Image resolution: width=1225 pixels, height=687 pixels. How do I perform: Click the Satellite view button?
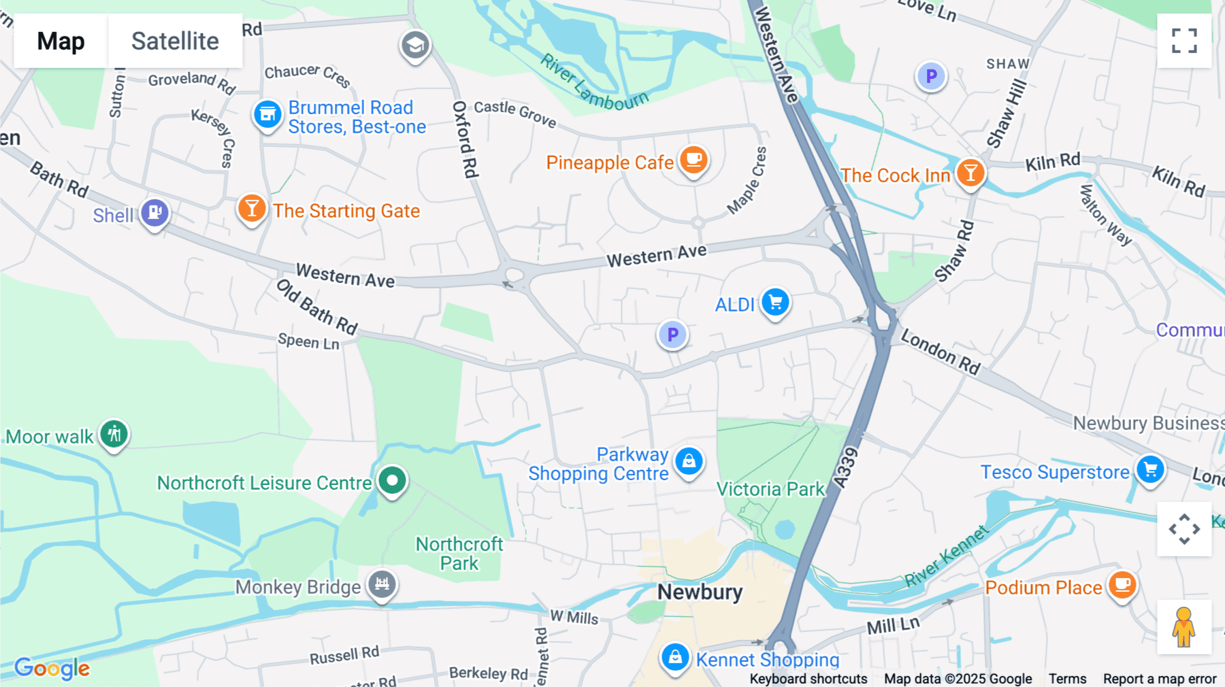point(175,41)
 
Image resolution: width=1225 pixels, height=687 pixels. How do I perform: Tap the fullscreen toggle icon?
point(1184,41)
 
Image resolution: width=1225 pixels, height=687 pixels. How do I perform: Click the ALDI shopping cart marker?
point(775,302)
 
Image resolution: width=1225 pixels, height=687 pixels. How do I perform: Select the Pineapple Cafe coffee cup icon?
point(693,161)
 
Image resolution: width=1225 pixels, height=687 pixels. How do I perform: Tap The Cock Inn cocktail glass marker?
point(970,173)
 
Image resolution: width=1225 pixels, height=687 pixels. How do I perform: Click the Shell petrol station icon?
point(155,213)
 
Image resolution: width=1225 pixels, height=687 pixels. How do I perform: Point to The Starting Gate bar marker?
point(252,209)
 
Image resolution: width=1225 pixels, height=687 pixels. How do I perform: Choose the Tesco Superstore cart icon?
point(1150,469)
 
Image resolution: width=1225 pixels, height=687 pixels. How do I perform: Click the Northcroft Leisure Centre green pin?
point(392,480)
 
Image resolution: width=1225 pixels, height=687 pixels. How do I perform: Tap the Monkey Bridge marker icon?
point(382,584)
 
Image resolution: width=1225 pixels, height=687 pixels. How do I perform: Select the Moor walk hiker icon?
point(114,434)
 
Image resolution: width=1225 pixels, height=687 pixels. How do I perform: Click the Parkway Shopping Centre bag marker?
point(689,461)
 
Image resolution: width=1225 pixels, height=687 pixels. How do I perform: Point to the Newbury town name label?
point(700,592)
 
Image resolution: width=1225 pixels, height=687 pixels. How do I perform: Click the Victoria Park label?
point(770,489)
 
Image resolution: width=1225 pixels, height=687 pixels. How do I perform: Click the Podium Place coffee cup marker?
point(1122,585)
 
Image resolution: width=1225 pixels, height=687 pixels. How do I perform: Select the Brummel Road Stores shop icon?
point(267,115)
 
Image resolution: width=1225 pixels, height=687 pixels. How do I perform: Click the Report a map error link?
point(1160,679)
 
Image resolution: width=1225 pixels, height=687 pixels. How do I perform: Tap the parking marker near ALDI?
point(672,335)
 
